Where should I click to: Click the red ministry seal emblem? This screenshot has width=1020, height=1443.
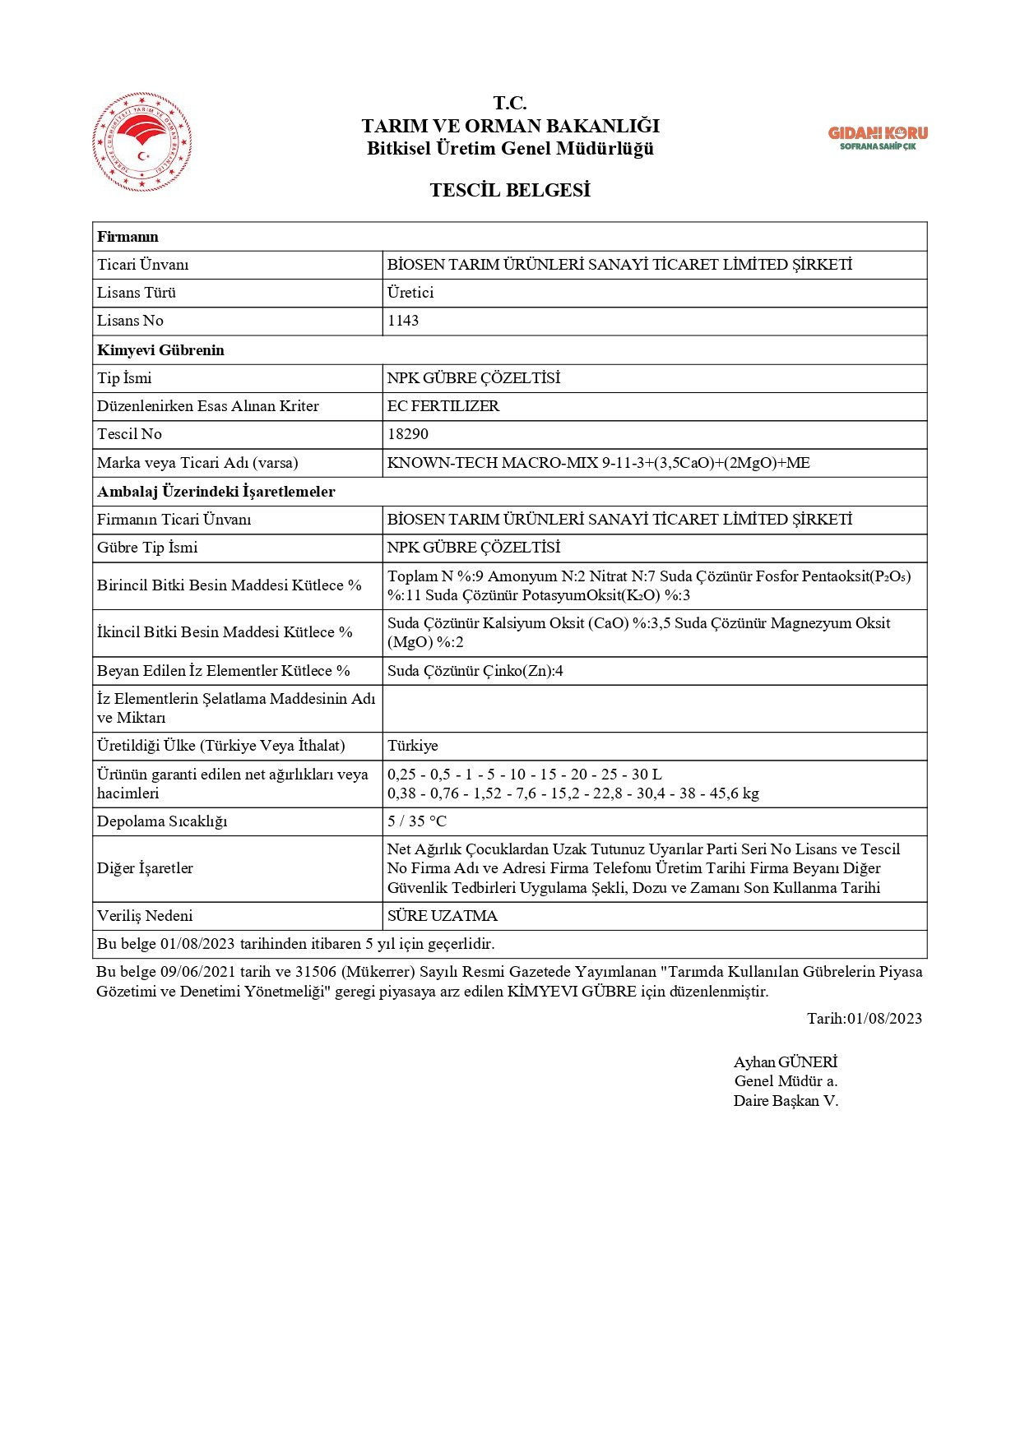pos(142,142)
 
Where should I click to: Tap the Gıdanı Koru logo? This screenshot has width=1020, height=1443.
pos(877,137)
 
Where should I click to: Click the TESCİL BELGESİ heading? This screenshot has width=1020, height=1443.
pos(510,191)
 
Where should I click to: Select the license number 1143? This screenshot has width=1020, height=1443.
pos(403,321)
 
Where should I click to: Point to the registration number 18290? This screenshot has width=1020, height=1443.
pos(408,434)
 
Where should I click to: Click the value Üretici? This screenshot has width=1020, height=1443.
pos(410,293)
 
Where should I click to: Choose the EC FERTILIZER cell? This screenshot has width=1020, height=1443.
pos(443,406)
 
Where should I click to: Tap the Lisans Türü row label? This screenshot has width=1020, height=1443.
pos(137,293)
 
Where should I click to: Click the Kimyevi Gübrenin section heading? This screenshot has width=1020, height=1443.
pos(160,350)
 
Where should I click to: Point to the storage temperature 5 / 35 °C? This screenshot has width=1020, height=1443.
pos(417,821)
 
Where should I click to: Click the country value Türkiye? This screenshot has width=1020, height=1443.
pos(413,746)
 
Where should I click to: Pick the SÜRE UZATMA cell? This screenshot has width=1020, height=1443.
pos(443,916)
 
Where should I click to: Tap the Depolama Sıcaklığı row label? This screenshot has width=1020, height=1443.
pos(162,821)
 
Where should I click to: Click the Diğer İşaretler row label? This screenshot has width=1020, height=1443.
pos(145,868)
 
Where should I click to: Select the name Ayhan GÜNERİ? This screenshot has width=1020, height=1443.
pos(785,1062)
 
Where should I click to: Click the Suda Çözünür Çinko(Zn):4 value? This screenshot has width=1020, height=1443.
pos(475,671)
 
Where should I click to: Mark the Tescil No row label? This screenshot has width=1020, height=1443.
pos(129,434)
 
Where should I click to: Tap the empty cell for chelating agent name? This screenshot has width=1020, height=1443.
pos(654,709)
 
